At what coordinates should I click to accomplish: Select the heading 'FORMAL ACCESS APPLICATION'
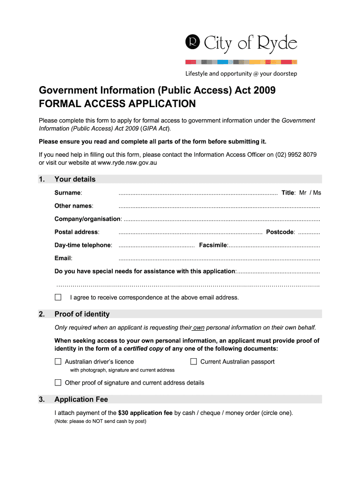[x=117, y=103]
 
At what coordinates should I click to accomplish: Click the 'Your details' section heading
[x=75, y=179]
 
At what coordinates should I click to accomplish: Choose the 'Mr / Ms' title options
[x=310, y=193]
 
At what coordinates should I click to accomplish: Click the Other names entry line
[x=219, y=206]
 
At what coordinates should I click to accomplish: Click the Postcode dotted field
[x=309, y=232]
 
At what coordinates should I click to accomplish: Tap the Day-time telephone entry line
[x=157, y=245]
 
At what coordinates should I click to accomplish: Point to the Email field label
[x=63, y=258]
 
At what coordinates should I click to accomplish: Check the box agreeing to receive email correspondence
[x=58, y=298]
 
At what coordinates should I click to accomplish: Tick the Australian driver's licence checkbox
[x=58, y=362]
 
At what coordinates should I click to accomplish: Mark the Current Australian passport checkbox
[x=194, y=362]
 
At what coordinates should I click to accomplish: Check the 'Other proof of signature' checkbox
[x=58, y=383]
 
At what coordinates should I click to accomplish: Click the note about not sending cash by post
[x=101, y=421]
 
